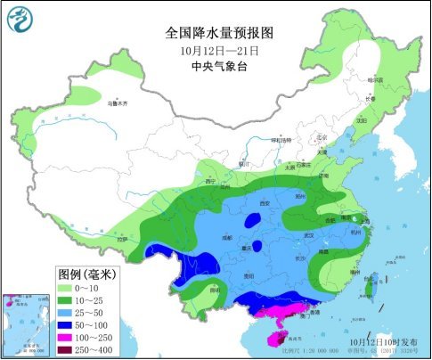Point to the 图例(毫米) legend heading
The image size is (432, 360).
point(88,272)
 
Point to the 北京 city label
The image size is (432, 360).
point(312,136)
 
